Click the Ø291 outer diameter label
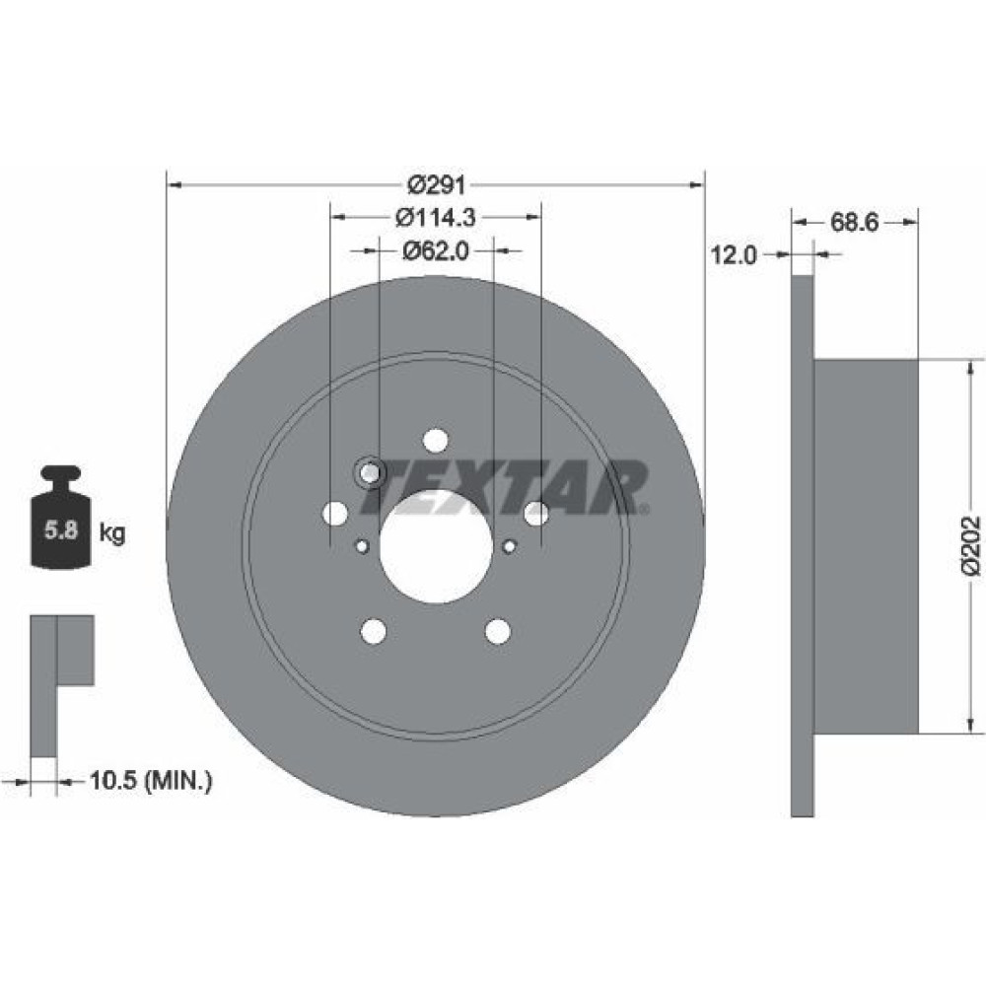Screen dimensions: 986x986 (437, 185)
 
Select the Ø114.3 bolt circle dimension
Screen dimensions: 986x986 (436, 218)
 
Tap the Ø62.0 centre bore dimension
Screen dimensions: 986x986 (436, 250)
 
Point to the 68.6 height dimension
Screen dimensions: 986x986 (854, 222)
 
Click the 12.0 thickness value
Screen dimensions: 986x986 (734, 255)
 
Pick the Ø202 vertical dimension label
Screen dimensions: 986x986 (971, 546)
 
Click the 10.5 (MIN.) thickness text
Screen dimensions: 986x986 (151, 781)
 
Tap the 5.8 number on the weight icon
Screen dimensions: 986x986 (61, 530)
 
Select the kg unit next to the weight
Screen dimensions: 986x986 (112, 533)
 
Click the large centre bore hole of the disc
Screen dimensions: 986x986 (436, 546)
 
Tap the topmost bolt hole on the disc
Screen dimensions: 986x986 (436, 440)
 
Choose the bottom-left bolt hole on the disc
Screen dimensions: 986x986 (374, 631)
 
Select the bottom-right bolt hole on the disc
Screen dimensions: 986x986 (498, 631)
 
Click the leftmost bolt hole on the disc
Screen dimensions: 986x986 (335, 513)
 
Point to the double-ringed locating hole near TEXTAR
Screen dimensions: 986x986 (371, 473)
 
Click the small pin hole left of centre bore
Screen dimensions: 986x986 (362, 546)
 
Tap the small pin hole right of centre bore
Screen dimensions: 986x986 (510, 546)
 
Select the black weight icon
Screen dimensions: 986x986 (61, 517)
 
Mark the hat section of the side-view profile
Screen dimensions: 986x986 (867, 546)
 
